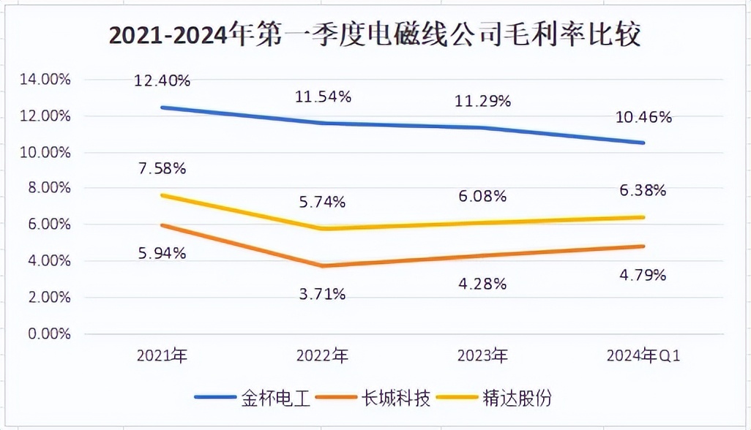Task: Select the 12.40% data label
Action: pyautogui.click(x=162, y=80)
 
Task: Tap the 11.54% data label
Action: pyautogui.click(x=323, y=96)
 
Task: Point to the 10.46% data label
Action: pyautogui.click(x=643, y=116)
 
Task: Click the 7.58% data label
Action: pyautogui.click(x=162, y=169)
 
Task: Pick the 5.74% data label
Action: pyautogui.click(x=323, y=202)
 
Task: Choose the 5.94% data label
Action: pyautogui.click(x=162, y=253)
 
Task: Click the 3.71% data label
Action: pyautogui.click(x=323, y=294)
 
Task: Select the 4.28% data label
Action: pyautogui.click(x=482, y=283)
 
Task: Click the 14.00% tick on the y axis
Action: pyautogui.click(x=46, y=80)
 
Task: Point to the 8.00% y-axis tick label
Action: pyautogui.click(x=50, y=189)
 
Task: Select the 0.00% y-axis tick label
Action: pyautogui.click(x=50, y=333)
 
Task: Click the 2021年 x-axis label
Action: pyautogui.click(x=162, y=356)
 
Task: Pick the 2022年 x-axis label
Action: pyautogui.click(x=323, y=356)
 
